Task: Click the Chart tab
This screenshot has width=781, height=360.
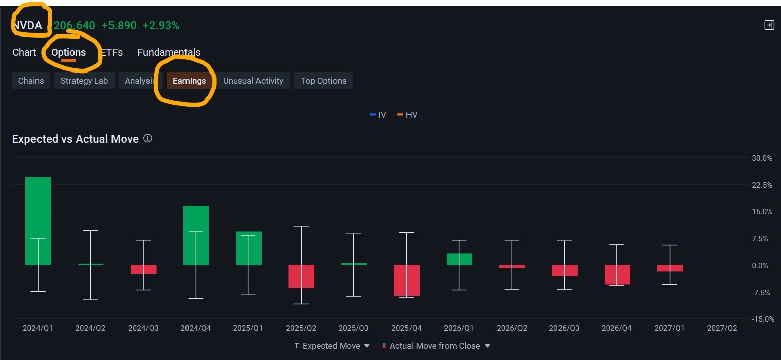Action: click(24, 52)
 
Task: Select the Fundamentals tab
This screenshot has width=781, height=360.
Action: click(169, 52)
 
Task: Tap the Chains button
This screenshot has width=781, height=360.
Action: click(31, 81)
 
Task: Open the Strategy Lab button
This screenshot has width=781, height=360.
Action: click(84, 81)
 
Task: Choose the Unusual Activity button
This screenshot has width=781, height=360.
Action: click(253, 81)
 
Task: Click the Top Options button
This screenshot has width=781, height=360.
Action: click(323, 81)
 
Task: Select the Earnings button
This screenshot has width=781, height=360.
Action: click(190, 81)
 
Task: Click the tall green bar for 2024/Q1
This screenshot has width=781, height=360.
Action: click(39, 221)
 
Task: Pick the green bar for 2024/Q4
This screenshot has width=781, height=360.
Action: click(196, 235)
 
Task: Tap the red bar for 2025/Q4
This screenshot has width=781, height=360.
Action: click(406, 280)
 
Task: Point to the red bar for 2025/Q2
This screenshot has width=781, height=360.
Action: click(301, 276)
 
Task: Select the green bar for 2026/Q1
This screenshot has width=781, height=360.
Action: click(459, 259)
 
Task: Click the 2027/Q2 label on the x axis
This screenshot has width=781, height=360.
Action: click(722, 328)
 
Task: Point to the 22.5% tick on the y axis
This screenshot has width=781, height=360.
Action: click(762, 185)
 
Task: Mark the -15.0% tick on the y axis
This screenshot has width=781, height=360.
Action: click(763, 319)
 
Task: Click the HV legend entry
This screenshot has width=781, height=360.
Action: click(407, 115)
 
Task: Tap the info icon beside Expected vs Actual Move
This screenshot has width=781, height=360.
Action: click(148, 138)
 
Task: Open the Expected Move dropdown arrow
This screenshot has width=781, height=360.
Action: click(367, 346)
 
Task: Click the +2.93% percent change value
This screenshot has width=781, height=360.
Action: click(161, 25)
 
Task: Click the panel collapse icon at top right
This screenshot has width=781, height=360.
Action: click(769, 25)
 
